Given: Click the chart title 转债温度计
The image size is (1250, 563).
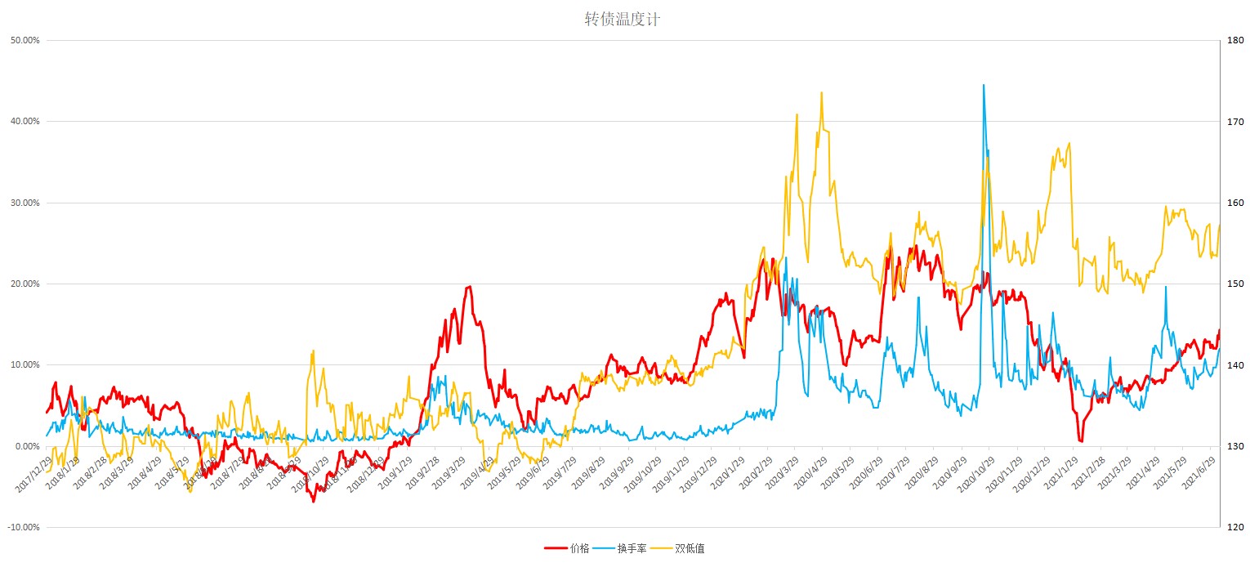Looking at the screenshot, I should click(x=622, y=20).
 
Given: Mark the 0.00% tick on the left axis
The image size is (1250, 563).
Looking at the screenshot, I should click(x=26, y=446).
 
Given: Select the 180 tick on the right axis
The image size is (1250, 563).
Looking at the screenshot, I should click(x=1234, y=40).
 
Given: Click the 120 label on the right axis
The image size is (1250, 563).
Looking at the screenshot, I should click(x=1234, y=527).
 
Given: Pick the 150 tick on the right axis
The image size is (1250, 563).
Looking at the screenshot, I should click(x=1234, y=284).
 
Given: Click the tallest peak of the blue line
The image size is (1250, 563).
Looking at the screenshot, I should click(x=983, y=85).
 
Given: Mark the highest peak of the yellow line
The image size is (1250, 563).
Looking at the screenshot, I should click(x=821, y=92).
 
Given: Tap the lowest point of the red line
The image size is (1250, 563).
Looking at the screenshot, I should click(x=313, y=501).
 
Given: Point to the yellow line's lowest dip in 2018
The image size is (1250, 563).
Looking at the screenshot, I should click(x=190, y=491).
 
